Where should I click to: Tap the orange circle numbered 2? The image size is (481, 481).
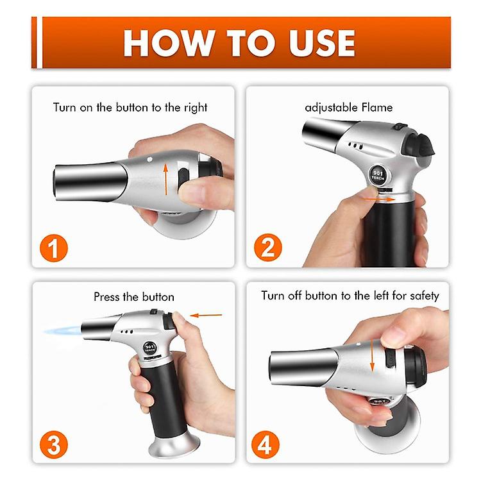coord(267,248)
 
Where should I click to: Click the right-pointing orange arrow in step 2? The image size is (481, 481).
coord(378,199)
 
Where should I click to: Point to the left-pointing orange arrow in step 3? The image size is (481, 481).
coord(206,315)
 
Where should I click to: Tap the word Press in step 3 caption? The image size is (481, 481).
coord(106,297)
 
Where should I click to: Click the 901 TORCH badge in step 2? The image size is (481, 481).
coord(378,174)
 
